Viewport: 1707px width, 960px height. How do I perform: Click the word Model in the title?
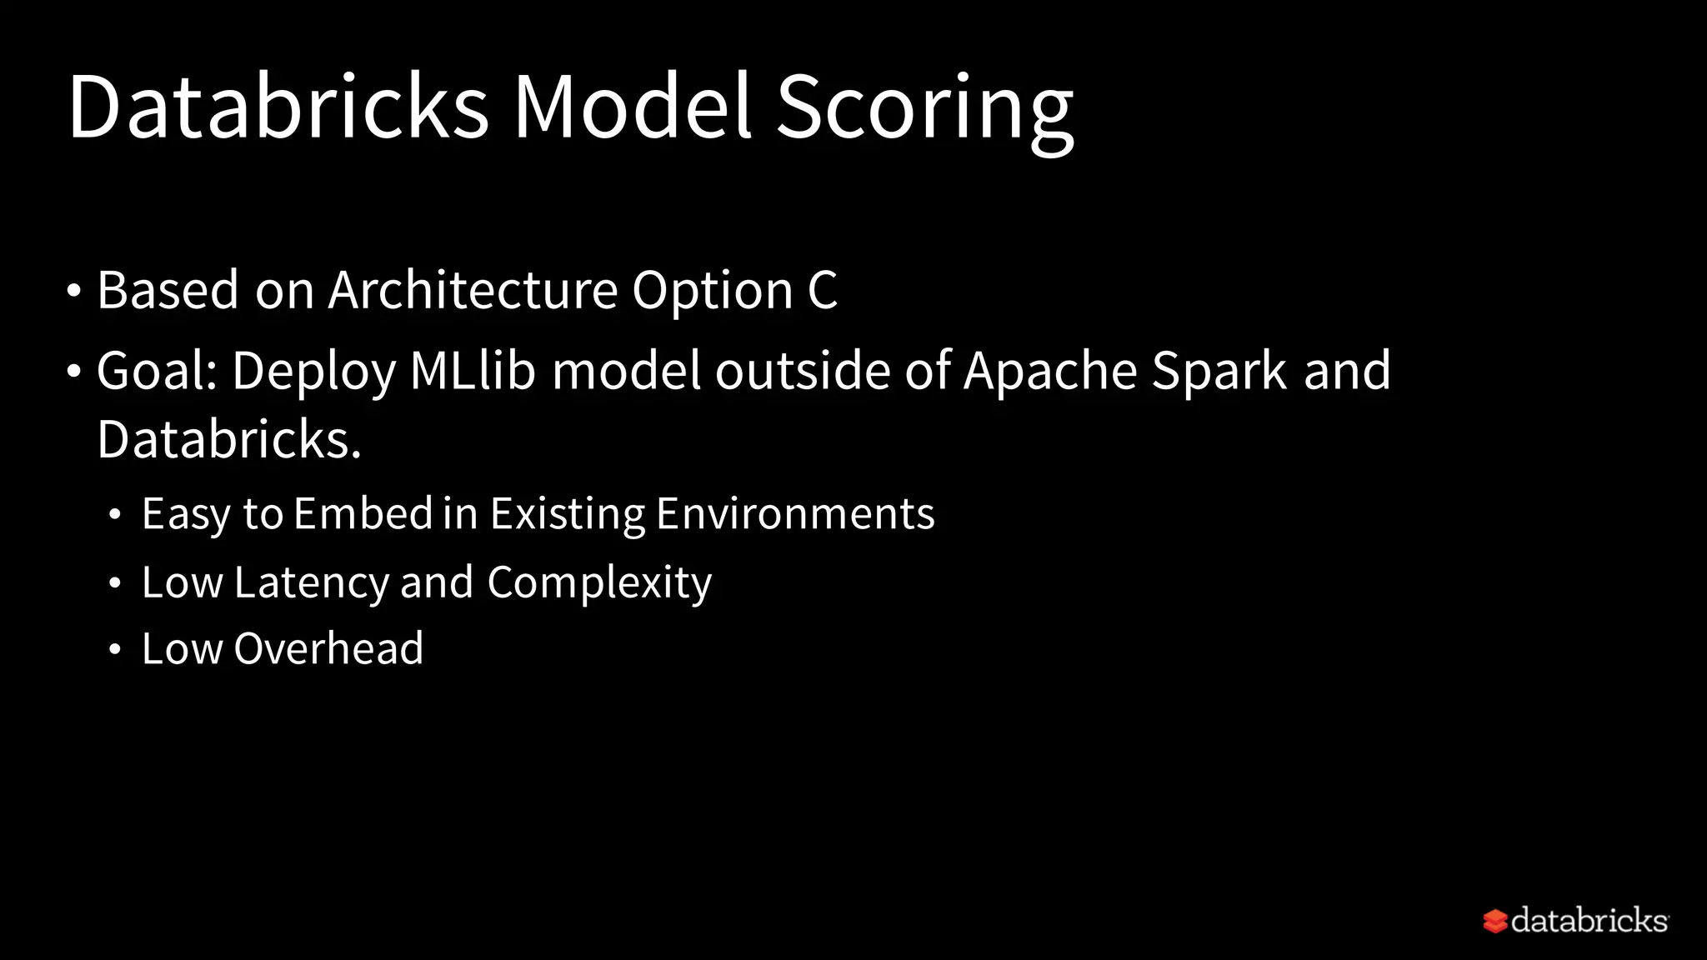(x=633, y=107)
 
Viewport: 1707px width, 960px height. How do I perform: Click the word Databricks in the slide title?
(x=278, y=107)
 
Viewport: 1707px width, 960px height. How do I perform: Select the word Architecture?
(x=473, y=290)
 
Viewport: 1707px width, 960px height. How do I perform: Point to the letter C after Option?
(x=822, y=290)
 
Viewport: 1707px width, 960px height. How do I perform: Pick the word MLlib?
(x=473, y=370)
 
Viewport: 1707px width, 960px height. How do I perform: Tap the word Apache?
(x=1050, y=370)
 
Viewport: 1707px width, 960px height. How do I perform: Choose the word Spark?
(x=1219, y=372)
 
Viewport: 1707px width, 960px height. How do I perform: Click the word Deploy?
(x=313, y=372)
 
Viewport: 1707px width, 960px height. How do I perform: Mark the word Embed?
(x=363, y=513)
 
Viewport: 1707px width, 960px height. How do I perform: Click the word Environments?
(x=795, y=513)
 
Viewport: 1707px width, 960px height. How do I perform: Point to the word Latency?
(x=312, y=582)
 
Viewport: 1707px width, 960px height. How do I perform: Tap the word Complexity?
(x=599, y=582)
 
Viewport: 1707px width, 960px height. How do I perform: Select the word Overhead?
(x=328, y=648)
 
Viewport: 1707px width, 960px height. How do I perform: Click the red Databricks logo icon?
(x=1495, y=921)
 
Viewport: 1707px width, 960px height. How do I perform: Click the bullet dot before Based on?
(x=74, y=291)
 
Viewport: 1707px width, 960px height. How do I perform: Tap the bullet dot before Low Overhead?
(x=115, y=649)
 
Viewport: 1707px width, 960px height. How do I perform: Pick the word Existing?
(x=567, y=513)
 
